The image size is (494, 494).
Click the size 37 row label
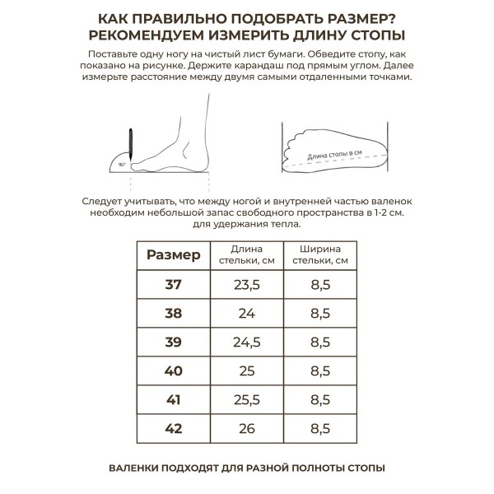[173, 285]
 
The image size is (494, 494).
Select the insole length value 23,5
[247, 285]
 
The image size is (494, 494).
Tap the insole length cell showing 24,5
[247, 343]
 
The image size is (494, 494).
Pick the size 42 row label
[173, 429]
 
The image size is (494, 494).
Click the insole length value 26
[247, 429]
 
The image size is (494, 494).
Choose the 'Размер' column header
[173, 255]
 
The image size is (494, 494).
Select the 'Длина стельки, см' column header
[247, 255]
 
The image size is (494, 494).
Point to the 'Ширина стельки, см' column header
[320, 255]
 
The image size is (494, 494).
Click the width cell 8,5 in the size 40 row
[320, 371]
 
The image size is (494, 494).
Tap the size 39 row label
[173, 343]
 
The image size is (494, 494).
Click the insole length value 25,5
[247, 400]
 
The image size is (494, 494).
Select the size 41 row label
[173, 400]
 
